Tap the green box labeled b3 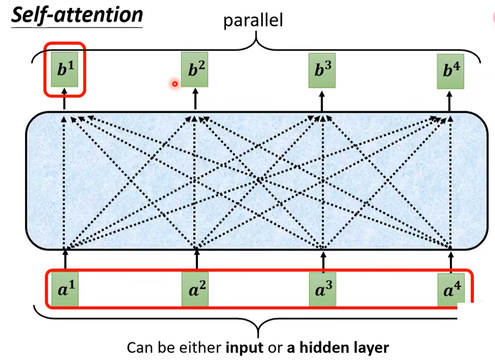(x=322, y=70)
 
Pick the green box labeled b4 (x=450, y=71)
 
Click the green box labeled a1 (x=65, y=289)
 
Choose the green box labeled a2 (x=196, y=289)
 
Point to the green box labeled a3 (x=323, y=289)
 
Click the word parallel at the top (x=253, y=20)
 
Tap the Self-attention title (x=77, y=15)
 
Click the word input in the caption (x=244, y=348)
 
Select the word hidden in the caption (x=323, y=348)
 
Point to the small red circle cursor (x=174, y=84)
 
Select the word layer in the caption (x=371, y=348)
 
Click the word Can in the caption (x=139, y=348)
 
